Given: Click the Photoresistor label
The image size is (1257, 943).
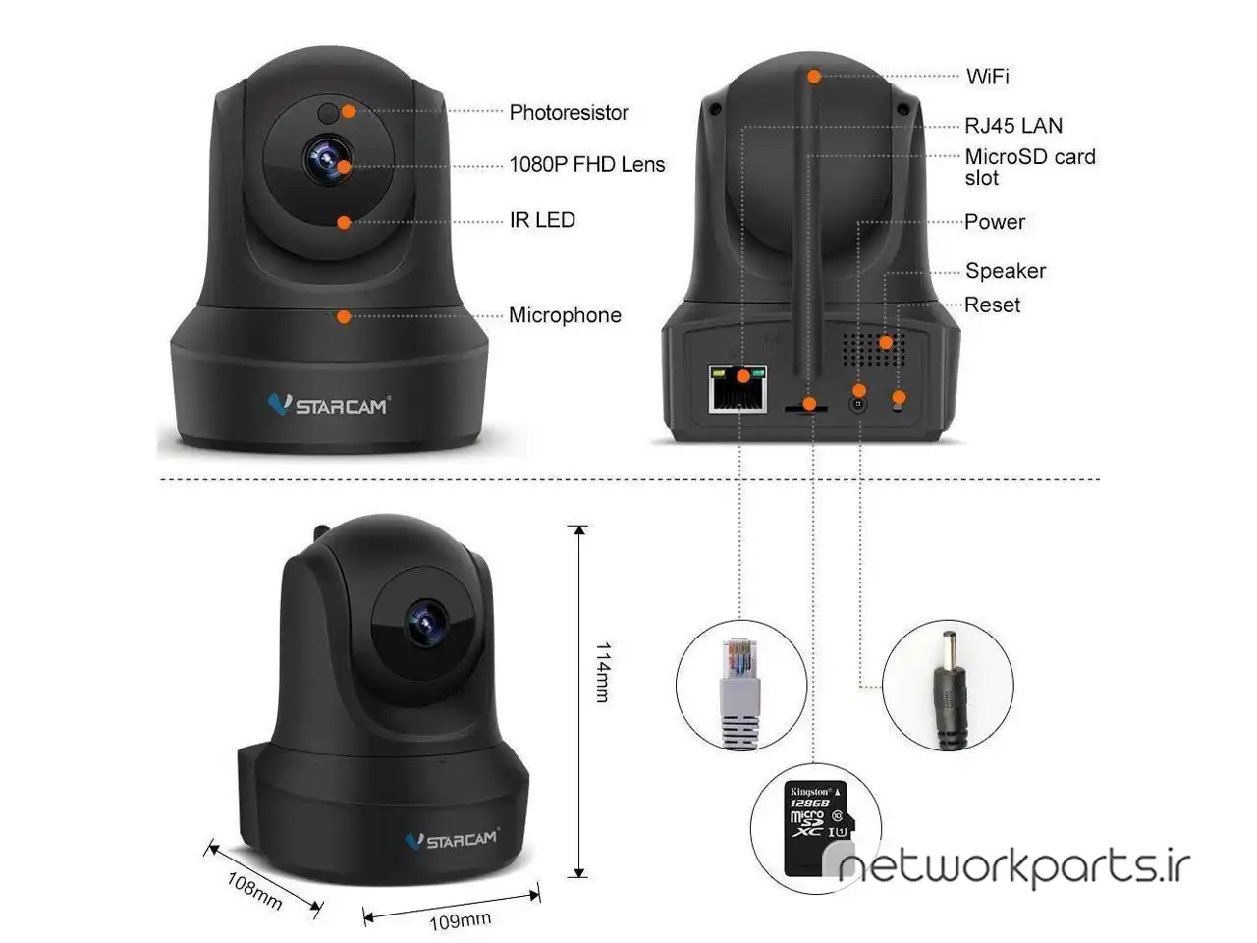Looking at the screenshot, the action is point(569,113).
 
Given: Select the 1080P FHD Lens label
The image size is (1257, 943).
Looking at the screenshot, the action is point(587,164).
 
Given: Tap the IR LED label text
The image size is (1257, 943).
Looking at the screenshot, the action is point(542,220).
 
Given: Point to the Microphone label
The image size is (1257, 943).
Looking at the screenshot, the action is point(566,315).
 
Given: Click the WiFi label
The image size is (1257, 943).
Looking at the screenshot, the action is point(988,77).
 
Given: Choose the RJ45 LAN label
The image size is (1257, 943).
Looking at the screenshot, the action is point(1013,126).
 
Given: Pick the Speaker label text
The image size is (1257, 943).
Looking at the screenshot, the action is point(1006,271).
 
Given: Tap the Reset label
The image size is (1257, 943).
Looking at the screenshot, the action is point(993,305).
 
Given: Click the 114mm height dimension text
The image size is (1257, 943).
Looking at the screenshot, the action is point(603,672).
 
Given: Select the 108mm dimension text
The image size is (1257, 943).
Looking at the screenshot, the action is point(254,890).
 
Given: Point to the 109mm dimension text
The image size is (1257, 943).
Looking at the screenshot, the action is point(461,920).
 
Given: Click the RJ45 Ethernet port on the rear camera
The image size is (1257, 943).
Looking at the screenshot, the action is point(738,389).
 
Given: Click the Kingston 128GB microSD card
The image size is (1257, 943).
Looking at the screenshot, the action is point(819,828).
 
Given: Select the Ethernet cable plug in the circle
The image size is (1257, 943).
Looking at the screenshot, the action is point(741,693).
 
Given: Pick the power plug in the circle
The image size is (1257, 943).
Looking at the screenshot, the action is point(951,691).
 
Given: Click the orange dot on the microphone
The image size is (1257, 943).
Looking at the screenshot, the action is point(344,316).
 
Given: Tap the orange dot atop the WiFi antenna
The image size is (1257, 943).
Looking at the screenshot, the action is point(814,77).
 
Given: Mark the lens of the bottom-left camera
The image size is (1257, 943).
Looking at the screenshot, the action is point(426,623).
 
